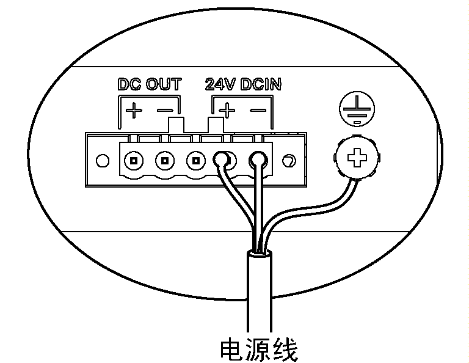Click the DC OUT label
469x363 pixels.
pos(149,84)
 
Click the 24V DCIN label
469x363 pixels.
pos(243,84)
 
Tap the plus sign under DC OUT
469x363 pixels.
pos(133,111)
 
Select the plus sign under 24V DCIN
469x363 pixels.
pos(227,111)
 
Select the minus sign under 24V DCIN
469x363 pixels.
pos(257,111)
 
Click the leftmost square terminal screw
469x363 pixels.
pos(132,162)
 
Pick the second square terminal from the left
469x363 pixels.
pos(164,162)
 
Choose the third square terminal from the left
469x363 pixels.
pos(195,162)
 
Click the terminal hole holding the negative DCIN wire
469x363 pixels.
pos(257,161)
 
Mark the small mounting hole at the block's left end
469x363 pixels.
pos(103,162)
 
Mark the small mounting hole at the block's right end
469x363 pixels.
pos(288,161)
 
